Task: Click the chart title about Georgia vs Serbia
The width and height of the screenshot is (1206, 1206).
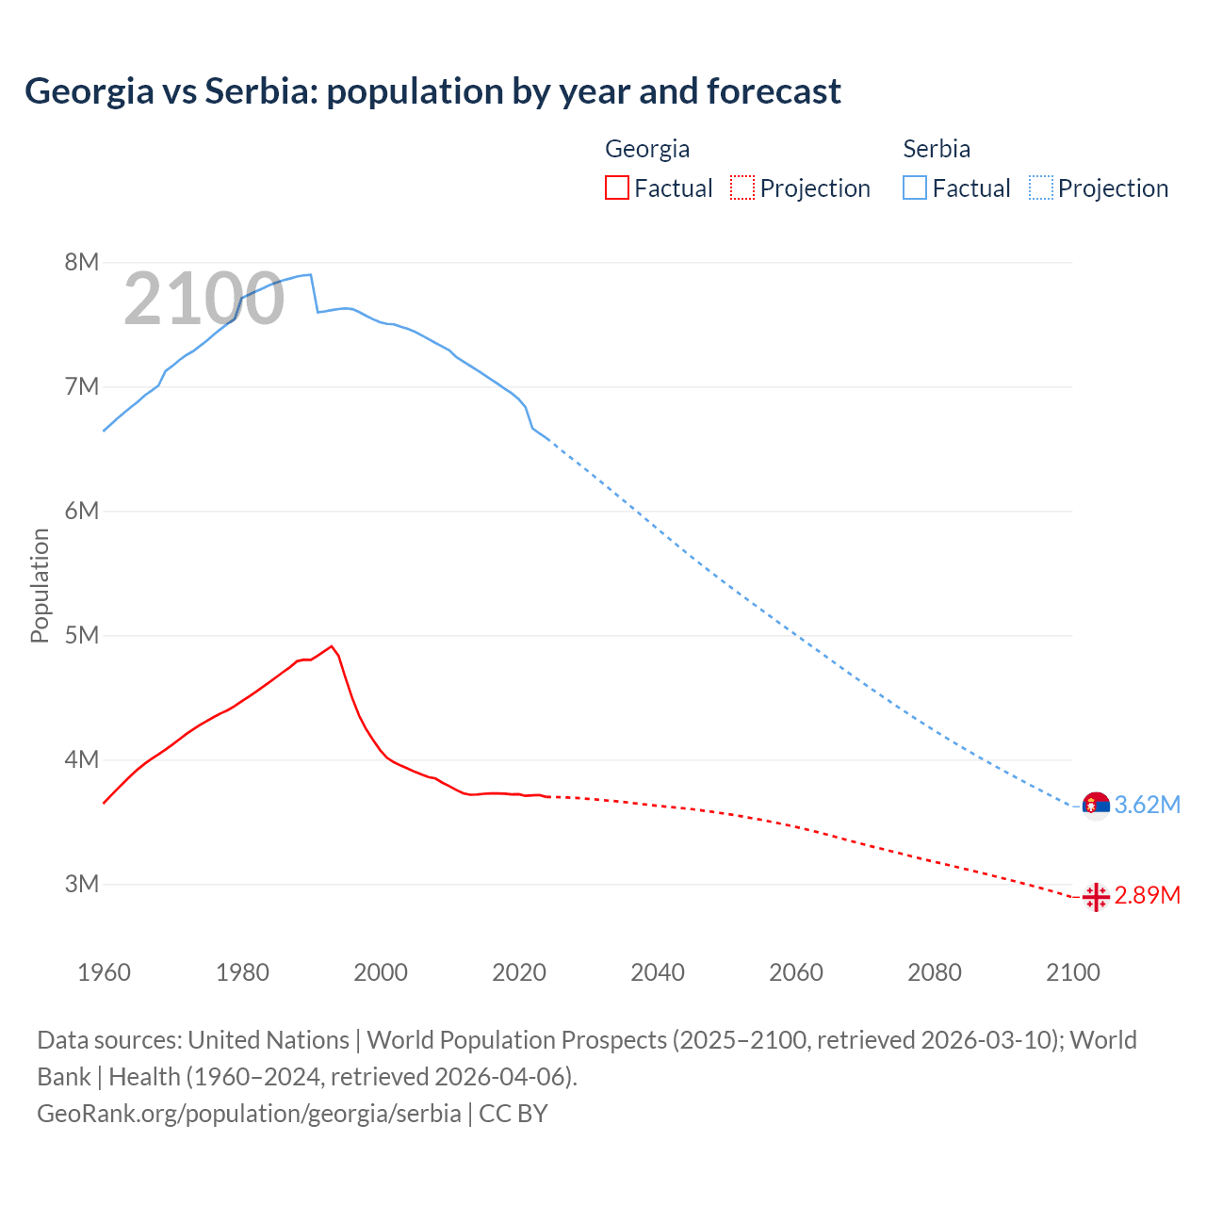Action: click(432, 91)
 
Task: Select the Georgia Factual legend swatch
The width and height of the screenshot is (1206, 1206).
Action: click(616, 187)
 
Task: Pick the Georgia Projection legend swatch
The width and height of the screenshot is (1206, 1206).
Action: click(742, 187)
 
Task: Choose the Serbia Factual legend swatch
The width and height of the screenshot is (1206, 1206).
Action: click(915, 187)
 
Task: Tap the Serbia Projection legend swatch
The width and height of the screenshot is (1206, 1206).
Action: click(1040, 187)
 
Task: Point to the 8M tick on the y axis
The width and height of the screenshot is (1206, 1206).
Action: click(82, 262)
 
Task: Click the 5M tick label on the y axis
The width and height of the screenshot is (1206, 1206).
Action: click(82, 635)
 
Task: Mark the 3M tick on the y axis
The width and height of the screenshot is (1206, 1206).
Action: click(82, 884)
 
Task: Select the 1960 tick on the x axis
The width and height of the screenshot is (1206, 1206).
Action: click(104, 972)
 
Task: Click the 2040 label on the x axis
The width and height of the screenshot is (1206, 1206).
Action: click(658, 972)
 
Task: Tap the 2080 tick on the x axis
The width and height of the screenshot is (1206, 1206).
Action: click(935, 972)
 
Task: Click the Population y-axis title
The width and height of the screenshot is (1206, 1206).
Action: click(40, 585)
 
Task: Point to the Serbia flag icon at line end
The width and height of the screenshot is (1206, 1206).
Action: click(1096, 805)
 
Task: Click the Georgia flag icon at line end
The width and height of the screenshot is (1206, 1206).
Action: click(1096, 896)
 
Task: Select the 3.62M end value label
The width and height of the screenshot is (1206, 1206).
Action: click(1147, 805)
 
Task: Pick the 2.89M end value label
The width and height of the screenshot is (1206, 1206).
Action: click(1147, 895)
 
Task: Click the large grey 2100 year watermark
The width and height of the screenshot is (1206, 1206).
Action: click(204, 299)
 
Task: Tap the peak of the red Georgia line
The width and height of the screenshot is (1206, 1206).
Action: click(332, 646)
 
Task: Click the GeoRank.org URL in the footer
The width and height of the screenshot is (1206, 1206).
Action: click(249, 1113)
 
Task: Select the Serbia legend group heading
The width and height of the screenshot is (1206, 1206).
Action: click(937, 149)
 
